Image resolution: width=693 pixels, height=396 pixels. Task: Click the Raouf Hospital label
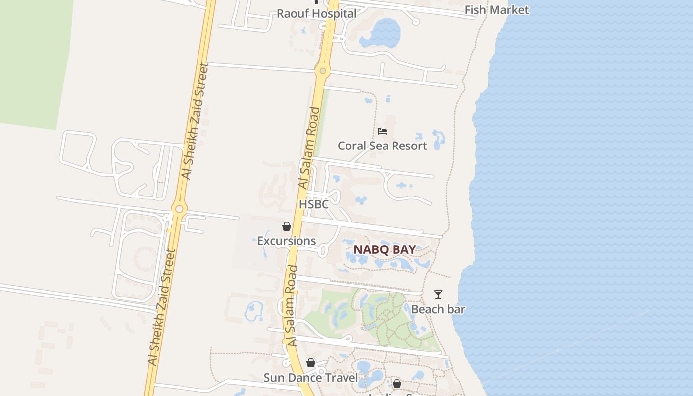(316, 13)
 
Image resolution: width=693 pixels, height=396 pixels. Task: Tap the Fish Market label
(496, 10)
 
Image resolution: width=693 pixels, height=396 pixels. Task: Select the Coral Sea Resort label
(382, 146)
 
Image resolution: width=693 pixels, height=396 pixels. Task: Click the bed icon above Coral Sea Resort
(382, 131)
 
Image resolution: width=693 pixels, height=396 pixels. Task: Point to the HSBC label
(313, 204)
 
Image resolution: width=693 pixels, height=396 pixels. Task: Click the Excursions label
(287, 241)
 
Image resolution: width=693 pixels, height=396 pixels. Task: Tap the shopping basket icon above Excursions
(287, 226)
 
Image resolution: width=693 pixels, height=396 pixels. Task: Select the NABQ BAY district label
(385, 249)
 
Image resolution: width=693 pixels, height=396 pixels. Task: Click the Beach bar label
(438, 309)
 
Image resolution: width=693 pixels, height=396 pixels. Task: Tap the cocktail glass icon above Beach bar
(438, 295)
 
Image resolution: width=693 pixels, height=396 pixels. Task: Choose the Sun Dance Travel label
(310, 378)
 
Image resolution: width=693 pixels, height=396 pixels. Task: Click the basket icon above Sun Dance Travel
(310, 363)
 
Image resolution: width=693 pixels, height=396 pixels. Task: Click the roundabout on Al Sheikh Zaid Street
(179, 209)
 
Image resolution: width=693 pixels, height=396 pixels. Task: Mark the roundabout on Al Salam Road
(323, 71)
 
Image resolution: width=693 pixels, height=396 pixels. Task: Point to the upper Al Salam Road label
(308, 148)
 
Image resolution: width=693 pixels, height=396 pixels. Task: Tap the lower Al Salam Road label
(292, 305)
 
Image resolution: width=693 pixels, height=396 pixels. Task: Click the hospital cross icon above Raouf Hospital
(316, 2)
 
